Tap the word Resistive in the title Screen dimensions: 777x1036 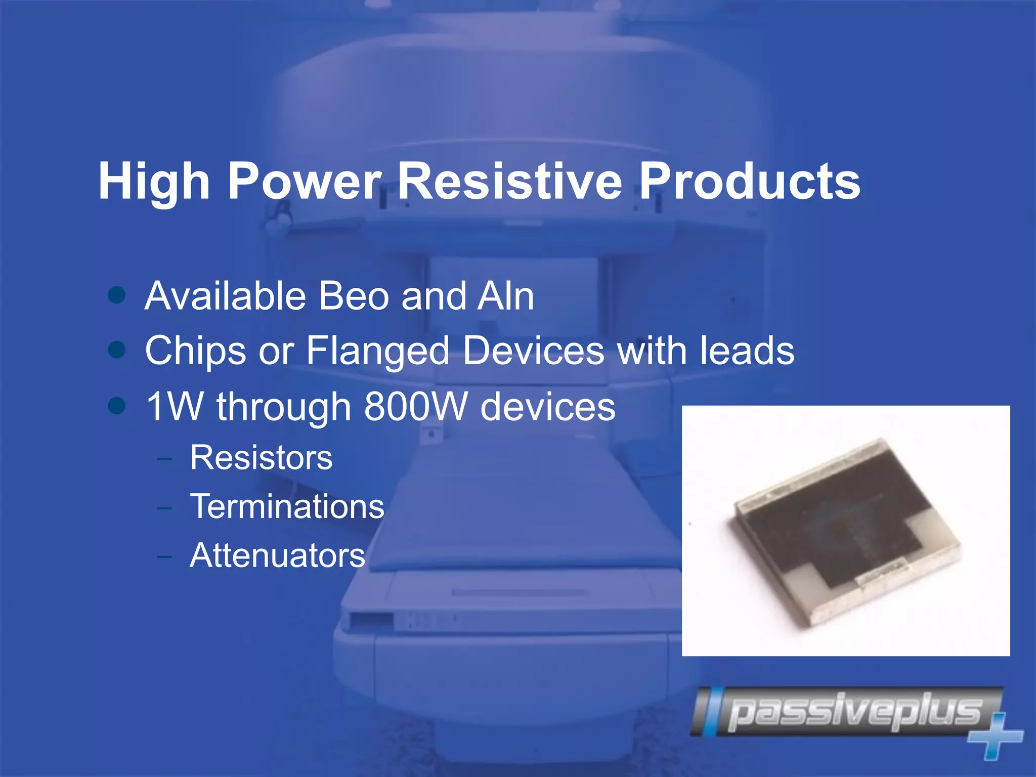click(510, 181)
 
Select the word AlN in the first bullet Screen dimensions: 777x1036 click(505, 296)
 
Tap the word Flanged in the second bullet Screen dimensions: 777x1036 click(378, 351)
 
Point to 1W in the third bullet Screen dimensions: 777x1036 click(175, 406)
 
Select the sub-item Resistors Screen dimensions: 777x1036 click(261, 458)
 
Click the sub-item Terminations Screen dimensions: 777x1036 click(287, 506)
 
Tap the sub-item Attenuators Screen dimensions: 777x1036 click(277, 555)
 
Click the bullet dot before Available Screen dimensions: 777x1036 click(117, 295)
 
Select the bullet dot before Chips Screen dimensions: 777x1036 click(117, 350)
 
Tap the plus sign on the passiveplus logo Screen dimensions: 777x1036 click(996, 736)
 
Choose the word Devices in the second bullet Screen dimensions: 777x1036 click(534, 351)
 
